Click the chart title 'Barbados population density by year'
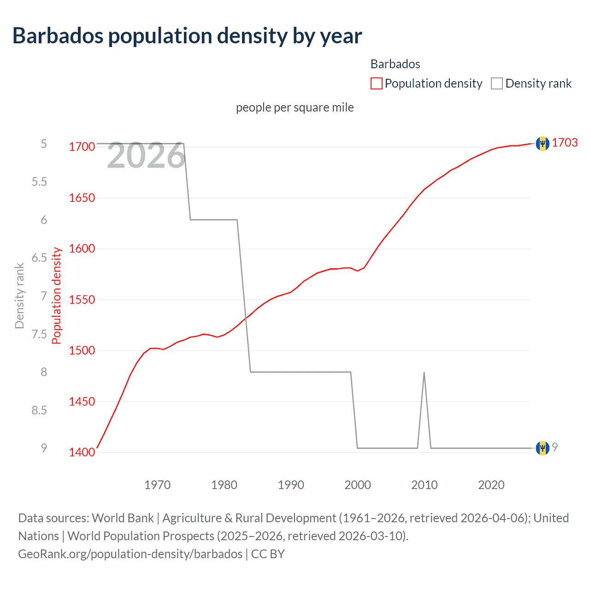187,36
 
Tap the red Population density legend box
376,83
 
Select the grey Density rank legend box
496,83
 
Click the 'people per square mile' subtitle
295,107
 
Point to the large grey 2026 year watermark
146,156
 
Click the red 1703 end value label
565,142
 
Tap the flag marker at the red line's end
543,143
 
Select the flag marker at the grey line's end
543,448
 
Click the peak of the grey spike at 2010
424,372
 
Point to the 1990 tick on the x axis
291,485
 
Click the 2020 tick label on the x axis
491,485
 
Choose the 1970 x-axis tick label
157,485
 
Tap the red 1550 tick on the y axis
82,300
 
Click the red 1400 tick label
82,452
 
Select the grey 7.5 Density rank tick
39,334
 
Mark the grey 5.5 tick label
39,182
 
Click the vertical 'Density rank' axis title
19,295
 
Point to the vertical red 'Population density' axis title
56,295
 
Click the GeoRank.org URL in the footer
130,554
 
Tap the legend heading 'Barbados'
395,64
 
